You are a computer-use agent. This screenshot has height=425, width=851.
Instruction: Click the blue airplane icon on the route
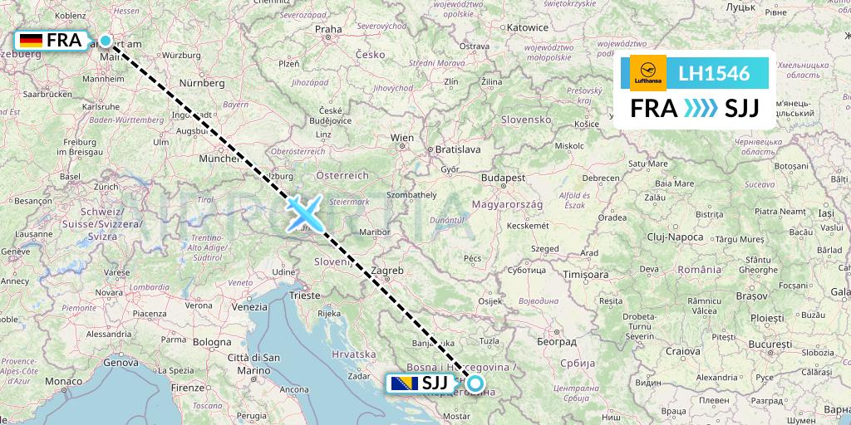(305, 213)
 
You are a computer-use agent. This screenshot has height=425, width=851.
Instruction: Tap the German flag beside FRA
(32, 40)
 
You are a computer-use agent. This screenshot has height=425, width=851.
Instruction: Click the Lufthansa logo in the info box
(648, 73)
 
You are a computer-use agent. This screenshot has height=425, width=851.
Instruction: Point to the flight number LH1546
(714, 74)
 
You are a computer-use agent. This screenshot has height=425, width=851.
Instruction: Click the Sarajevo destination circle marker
(475, 383)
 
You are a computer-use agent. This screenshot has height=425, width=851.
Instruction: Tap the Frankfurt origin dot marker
(106, 40)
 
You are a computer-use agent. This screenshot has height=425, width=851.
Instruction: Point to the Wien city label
(402, 138)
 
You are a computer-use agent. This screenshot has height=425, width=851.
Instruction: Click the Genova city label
(121, 362)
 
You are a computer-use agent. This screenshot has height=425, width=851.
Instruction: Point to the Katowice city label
(528, 27)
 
